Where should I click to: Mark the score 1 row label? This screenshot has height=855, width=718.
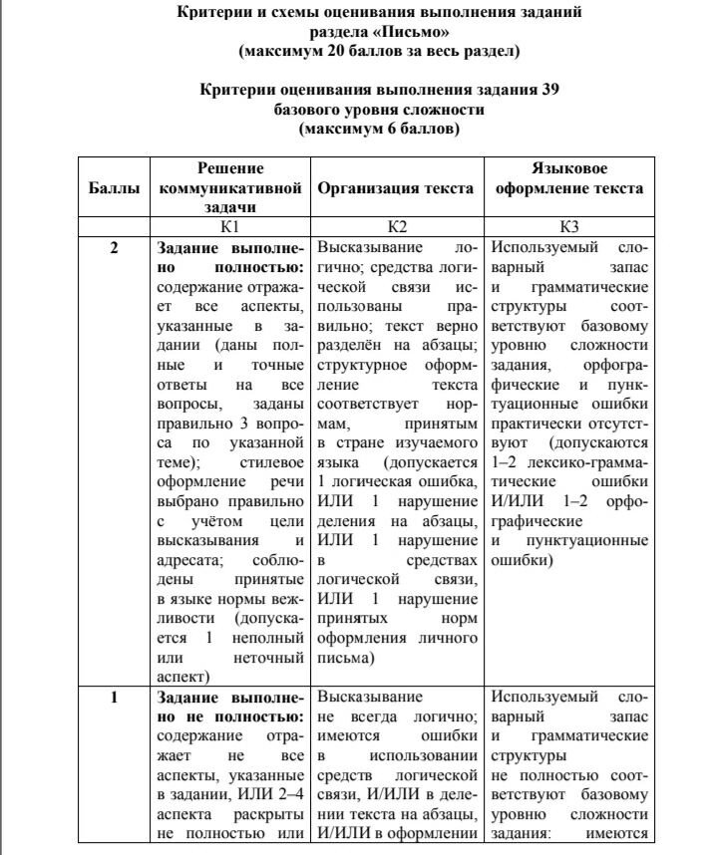click(114, 698)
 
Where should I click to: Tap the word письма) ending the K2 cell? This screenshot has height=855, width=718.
click(344, 659)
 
